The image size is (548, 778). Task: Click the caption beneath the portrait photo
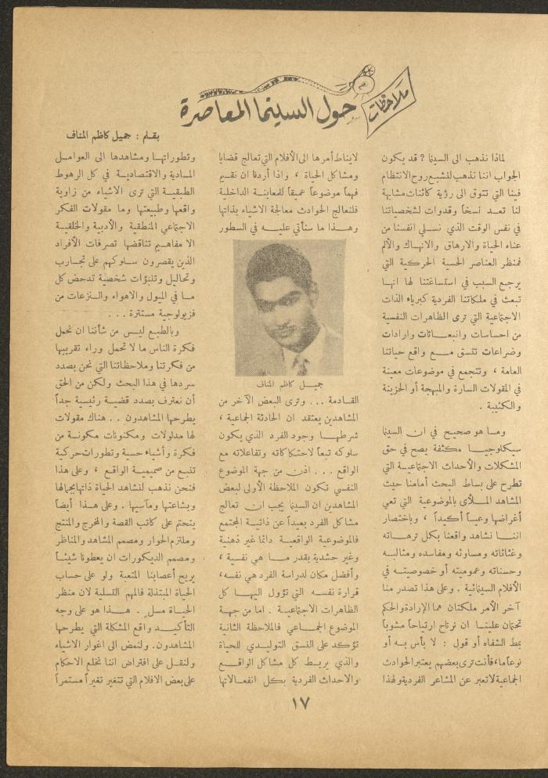point(289,385)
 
